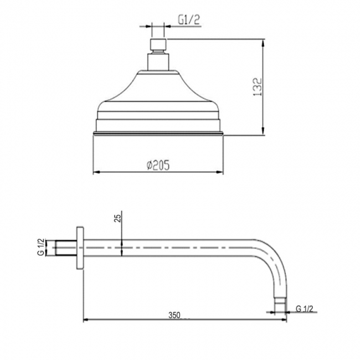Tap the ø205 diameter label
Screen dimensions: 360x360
coord(158,165)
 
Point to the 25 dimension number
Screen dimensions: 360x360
coord(116,218)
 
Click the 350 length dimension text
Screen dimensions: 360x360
coord(176,315)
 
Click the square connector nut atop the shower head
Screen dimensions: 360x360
coord(157,45)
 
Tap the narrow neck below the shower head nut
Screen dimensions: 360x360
coord(157,61)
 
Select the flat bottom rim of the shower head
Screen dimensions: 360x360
coord(157,133)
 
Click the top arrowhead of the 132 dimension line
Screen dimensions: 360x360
coord(261,42)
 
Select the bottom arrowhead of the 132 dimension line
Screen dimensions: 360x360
coord(261,131)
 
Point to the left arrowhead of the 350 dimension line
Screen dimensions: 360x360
coord(85,320)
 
